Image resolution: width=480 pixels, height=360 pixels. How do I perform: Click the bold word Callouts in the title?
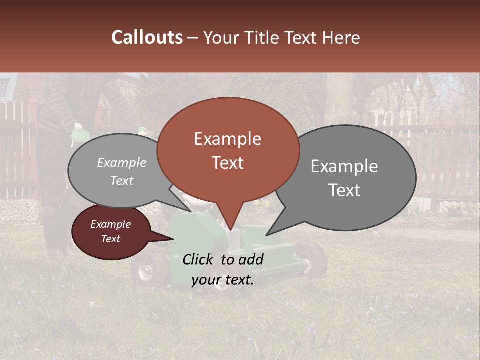147,37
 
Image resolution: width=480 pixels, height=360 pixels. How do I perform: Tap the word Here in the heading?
340,37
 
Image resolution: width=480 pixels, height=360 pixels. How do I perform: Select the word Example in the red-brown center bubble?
227,139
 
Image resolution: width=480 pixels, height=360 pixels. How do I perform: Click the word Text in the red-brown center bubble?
227,163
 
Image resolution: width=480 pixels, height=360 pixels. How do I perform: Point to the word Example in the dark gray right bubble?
344,166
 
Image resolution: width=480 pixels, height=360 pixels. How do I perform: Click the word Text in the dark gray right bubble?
344,190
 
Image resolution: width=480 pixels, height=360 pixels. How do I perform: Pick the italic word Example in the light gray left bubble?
122,162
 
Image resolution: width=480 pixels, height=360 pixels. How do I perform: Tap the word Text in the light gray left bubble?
122,180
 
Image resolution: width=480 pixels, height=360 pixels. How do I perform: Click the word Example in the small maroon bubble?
110,224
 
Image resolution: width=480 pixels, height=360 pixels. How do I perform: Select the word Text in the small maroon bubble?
110,238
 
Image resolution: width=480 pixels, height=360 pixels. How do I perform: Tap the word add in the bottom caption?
250,259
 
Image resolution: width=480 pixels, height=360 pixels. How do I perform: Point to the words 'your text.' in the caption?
222,280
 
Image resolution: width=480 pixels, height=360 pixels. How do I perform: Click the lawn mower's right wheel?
313,259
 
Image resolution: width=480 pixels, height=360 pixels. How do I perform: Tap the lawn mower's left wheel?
145,270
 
